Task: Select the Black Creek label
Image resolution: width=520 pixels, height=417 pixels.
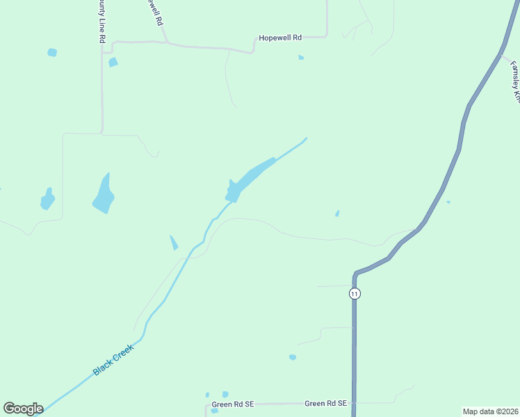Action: [113, 359]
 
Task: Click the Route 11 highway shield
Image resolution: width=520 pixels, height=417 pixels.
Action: [355, 293]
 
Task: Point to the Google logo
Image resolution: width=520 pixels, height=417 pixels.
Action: [23, 408]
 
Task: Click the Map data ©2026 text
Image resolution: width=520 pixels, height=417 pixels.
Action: [491, 411]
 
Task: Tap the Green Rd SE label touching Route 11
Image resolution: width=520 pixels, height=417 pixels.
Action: [326, 403]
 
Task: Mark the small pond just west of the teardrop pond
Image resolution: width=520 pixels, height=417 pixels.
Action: [47, 199]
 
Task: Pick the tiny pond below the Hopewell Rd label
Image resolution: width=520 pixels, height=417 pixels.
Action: [301, 57]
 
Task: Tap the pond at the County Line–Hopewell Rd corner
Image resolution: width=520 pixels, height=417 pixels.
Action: [113, 62]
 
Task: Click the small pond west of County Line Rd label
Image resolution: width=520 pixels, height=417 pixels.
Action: [52, 52]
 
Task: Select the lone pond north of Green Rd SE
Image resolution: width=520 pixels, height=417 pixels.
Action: [293, 357]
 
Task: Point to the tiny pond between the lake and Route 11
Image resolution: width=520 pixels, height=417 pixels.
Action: [337, 213]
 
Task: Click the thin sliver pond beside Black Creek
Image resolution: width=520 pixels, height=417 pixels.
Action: [174, 243]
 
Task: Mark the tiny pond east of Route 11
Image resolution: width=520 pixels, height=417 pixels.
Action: [448, 202]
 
